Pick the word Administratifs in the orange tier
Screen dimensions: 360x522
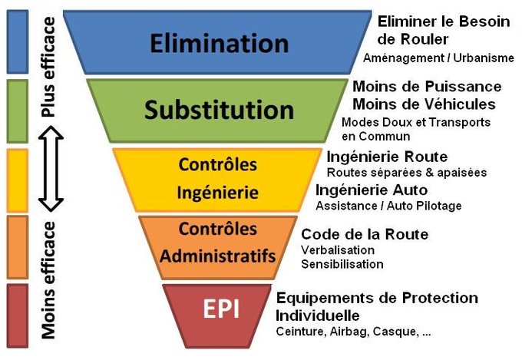click(x=217, y=255)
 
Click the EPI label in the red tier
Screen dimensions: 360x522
click(x=220, y=308)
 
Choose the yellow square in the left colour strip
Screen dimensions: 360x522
click(x=17, y=181)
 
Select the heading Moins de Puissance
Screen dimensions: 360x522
click(x=427, y=87)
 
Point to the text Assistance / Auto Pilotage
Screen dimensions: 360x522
click(x=389, y=206)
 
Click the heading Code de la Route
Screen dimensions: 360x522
click(x=365, y=234)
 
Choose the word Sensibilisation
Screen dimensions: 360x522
click(x=342, y=265)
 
